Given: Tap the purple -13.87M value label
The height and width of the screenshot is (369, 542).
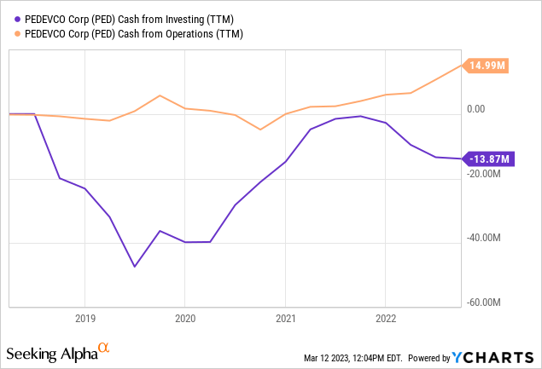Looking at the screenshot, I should point(487,159).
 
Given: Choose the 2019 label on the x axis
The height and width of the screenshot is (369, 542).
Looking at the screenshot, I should point(85,316).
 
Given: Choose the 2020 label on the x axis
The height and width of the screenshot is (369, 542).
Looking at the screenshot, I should point(185,316).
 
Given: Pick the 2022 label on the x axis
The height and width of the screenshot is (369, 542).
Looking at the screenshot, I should point(386,316).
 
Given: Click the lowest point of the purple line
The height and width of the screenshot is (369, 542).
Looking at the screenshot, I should point(134,267).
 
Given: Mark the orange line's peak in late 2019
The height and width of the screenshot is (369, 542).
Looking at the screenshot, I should point(160,95).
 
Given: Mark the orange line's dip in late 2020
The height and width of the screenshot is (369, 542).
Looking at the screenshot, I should point(260,130).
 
